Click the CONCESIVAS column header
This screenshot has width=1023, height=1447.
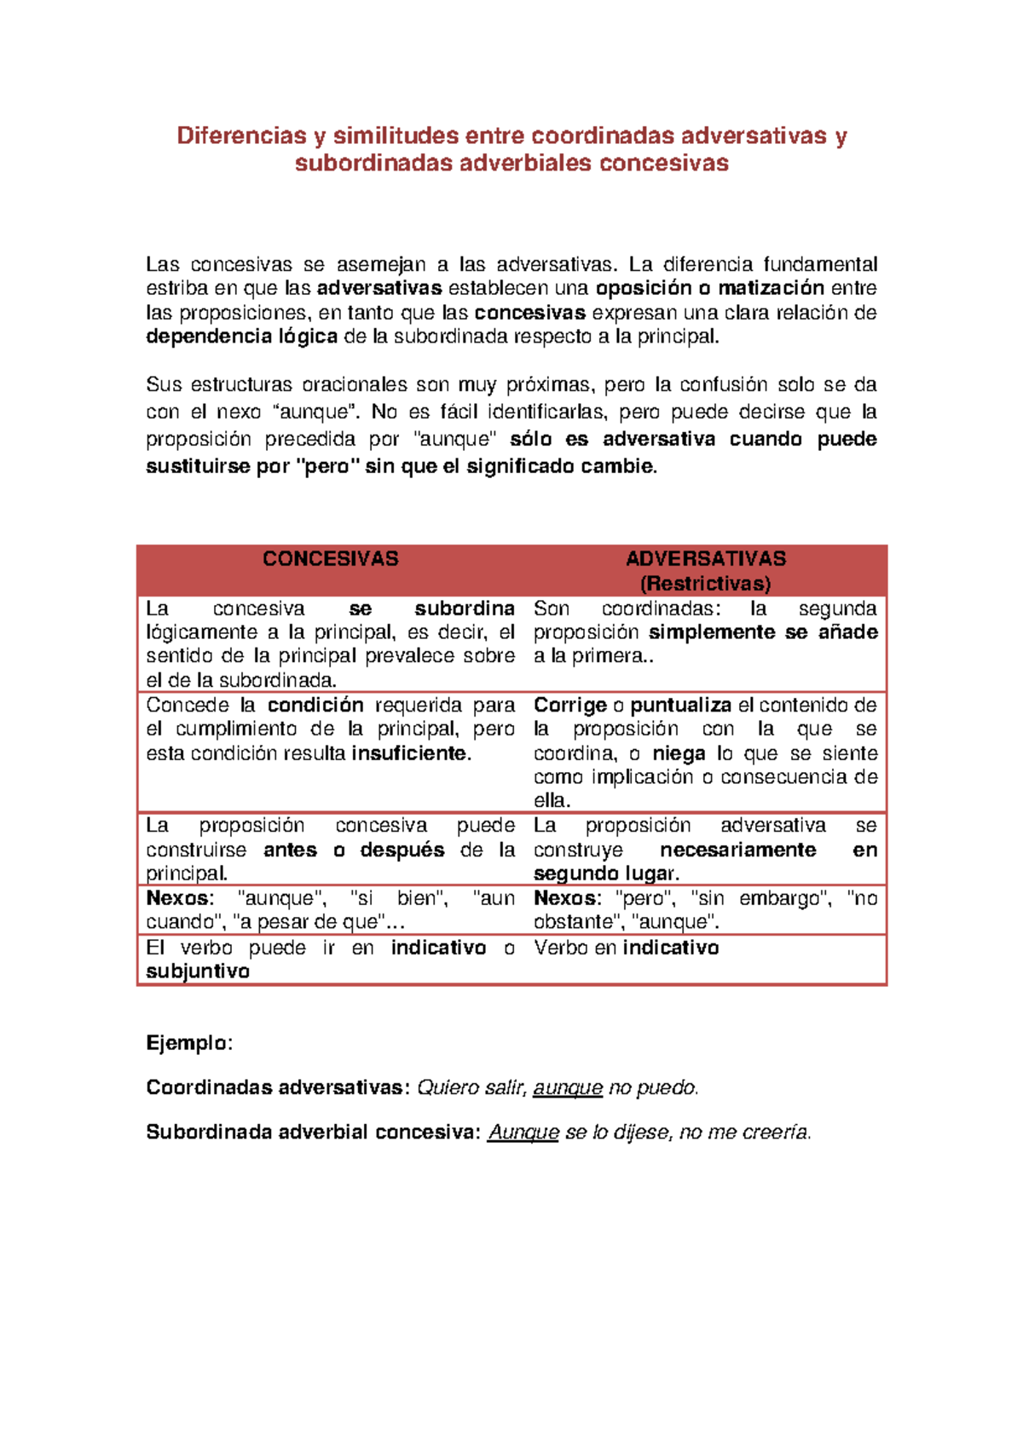tap(330, 559)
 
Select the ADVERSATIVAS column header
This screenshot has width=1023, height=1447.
tap(705, 559)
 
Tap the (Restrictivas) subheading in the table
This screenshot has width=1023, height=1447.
tap(705, 584)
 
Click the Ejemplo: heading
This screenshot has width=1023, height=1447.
tap(188, 1044)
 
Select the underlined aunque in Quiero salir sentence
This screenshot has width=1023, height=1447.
tap(568, 1088)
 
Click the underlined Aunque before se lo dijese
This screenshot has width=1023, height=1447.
tap(523, 1133)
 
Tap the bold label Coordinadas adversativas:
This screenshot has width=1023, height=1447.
tap(278, 1088)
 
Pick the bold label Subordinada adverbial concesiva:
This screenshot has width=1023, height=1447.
tap(313, 1133)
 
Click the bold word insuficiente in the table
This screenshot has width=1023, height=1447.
tap(411, 754)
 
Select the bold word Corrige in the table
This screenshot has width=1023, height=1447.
tap(569, 706)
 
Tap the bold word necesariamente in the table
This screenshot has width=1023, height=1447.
tap(737, 850)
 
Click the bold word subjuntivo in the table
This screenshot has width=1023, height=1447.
tap(198, 972)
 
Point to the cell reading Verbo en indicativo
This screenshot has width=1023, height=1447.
tap(626, 948)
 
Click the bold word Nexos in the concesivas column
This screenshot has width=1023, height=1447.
tap(177, 899)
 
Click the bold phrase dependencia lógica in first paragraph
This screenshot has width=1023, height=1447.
tap(241, 337)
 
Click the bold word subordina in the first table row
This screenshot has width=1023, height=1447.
tap(464, 609)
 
